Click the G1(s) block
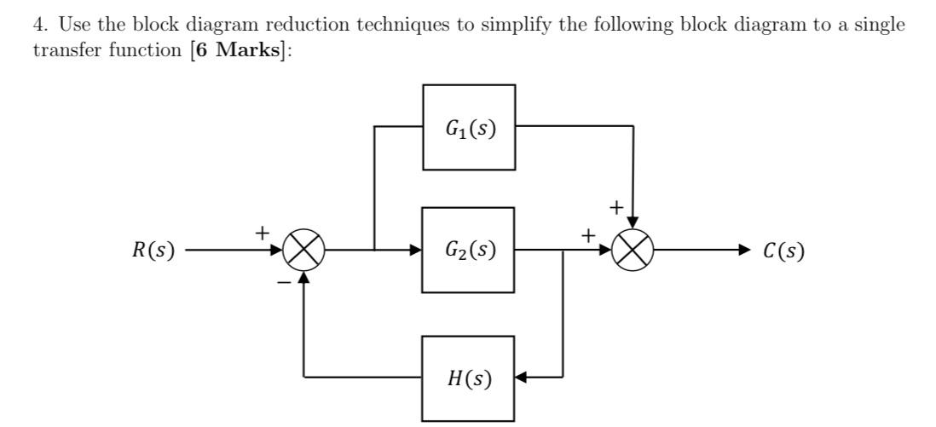click(469, 127)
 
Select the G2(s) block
click(469, 251)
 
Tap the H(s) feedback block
click(469, 378)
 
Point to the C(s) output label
click(783, 251)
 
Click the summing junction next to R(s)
click(304, 251)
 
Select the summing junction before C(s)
click(633, 251)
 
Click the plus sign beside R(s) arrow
click(263, 231)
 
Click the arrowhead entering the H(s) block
click(523, 377)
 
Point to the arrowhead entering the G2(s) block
click(416, 251)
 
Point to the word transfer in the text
click(61, 49)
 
